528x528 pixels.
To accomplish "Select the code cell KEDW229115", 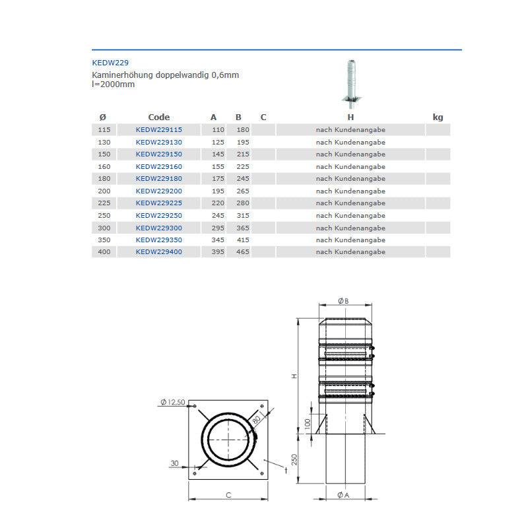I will [158, 130].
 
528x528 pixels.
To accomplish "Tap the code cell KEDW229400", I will [158, 252].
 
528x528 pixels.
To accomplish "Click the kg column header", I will [438, 117].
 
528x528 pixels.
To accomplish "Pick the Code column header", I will [158, 117].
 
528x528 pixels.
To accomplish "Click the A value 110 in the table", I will [218, 130].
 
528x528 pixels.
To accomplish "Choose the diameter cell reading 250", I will [103, 216].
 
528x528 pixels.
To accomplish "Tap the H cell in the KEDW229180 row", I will [350, 179].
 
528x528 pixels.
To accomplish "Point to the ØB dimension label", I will [343, 301].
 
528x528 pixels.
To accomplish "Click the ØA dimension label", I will [343, 496].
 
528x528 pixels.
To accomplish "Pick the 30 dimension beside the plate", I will [174, 463].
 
